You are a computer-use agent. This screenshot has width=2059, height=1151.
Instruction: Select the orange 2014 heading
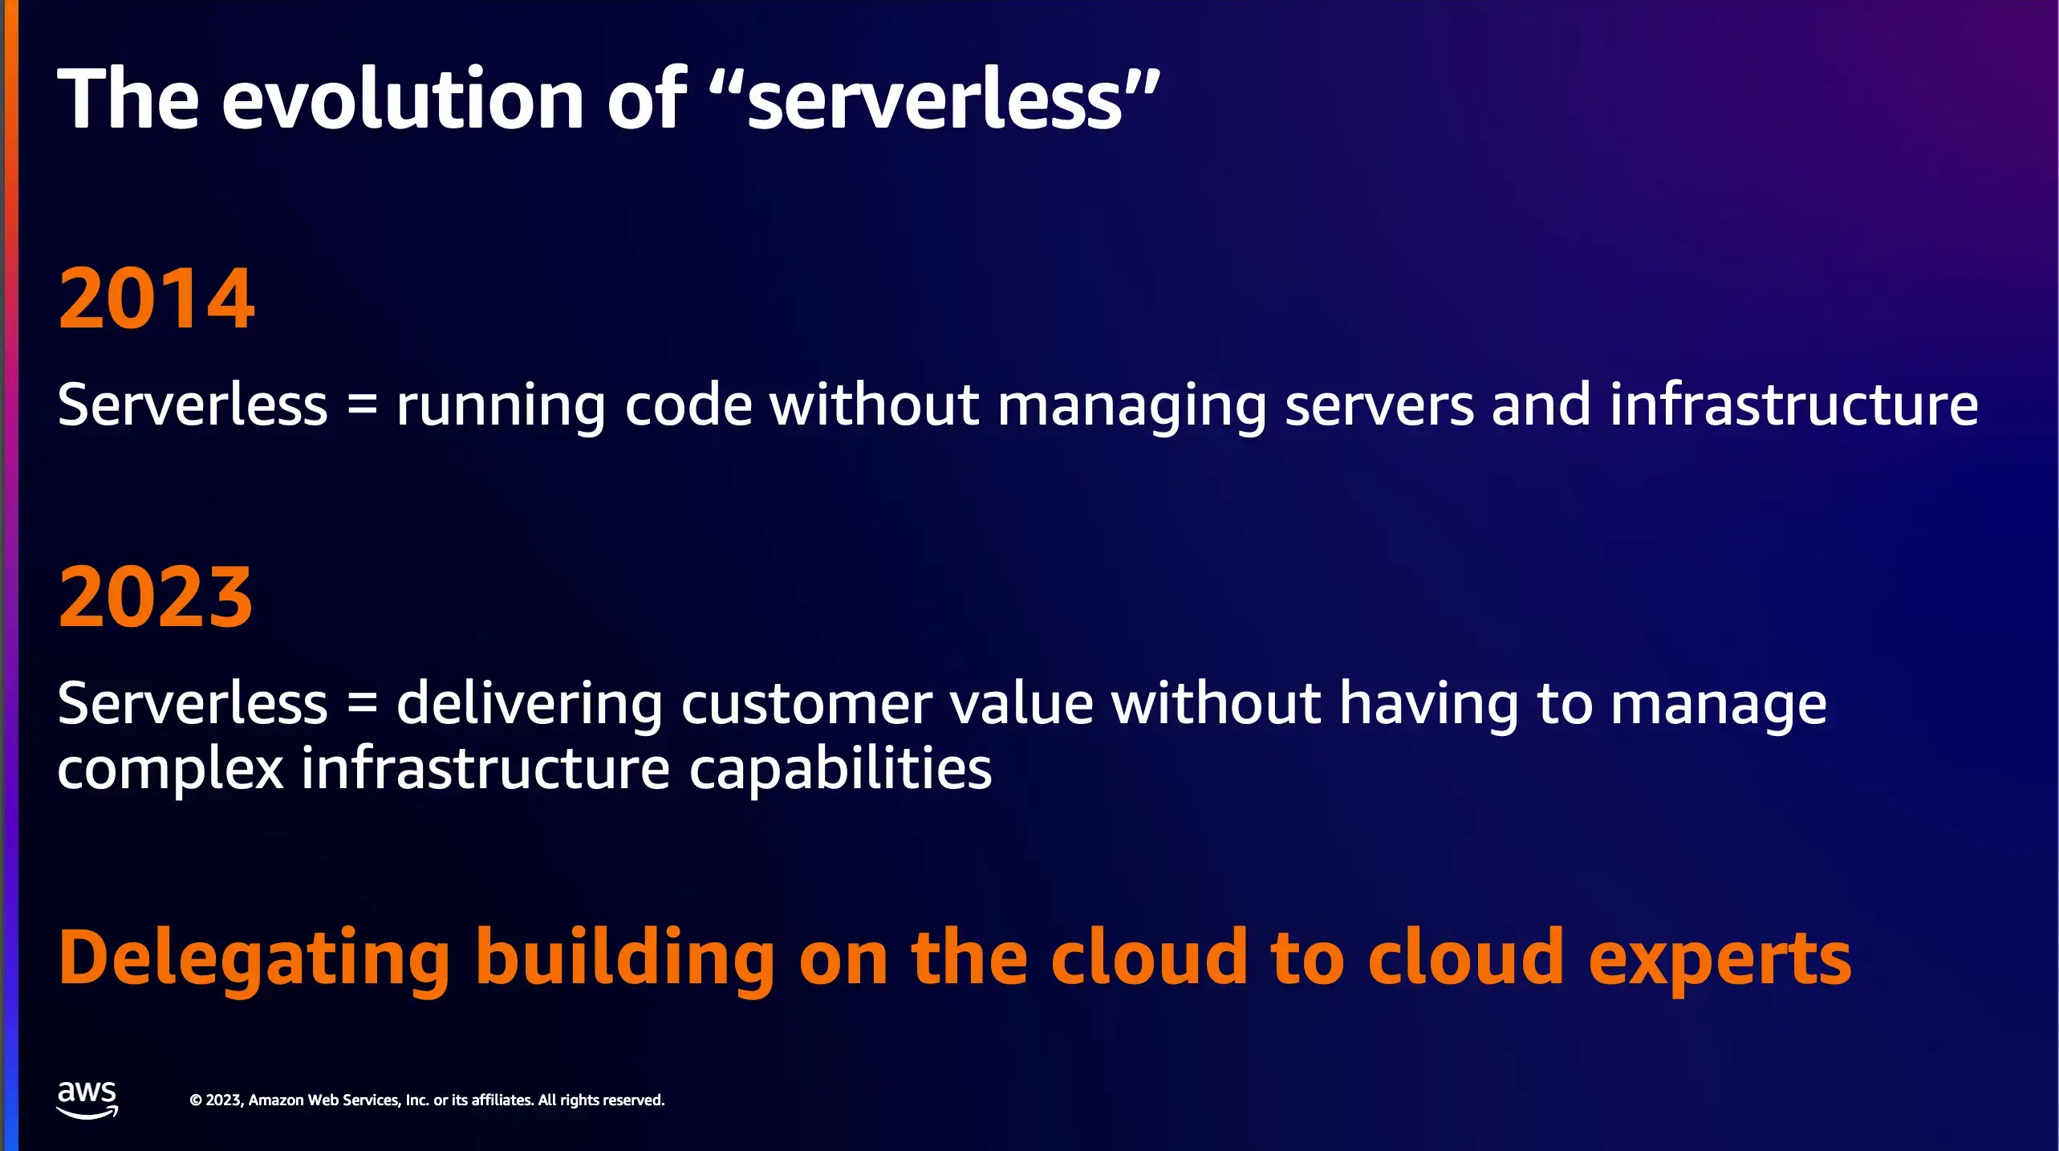click(x=156, y=299)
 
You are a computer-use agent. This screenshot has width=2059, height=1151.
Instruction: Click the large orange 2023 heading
click(x=156, y=596)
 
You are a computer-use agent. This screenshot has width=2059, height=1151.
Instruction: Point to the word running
click(x=501, y=407)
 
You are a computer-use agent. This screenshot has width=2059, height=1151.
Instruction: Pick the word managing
click(x=1131, y=407)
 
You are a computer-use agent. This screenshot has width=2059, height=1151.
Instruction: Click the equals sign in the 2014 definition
click(x=363, y=405)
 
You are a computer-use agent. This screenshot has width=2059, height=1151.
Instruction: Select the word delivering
click(x=530, y=704)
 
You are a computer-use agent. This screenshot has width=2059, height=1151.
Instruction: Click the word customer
click(x=806, y=705)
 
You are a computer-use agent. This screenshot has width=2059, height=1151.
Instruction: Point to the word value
click(x=1022, y=703)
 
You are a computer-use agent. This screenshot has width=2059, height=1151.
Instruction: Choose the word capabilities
click(x=841, y=770)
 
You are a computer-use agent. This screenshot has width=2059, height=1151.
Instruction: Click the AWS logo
click(x=87, y=1100)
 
